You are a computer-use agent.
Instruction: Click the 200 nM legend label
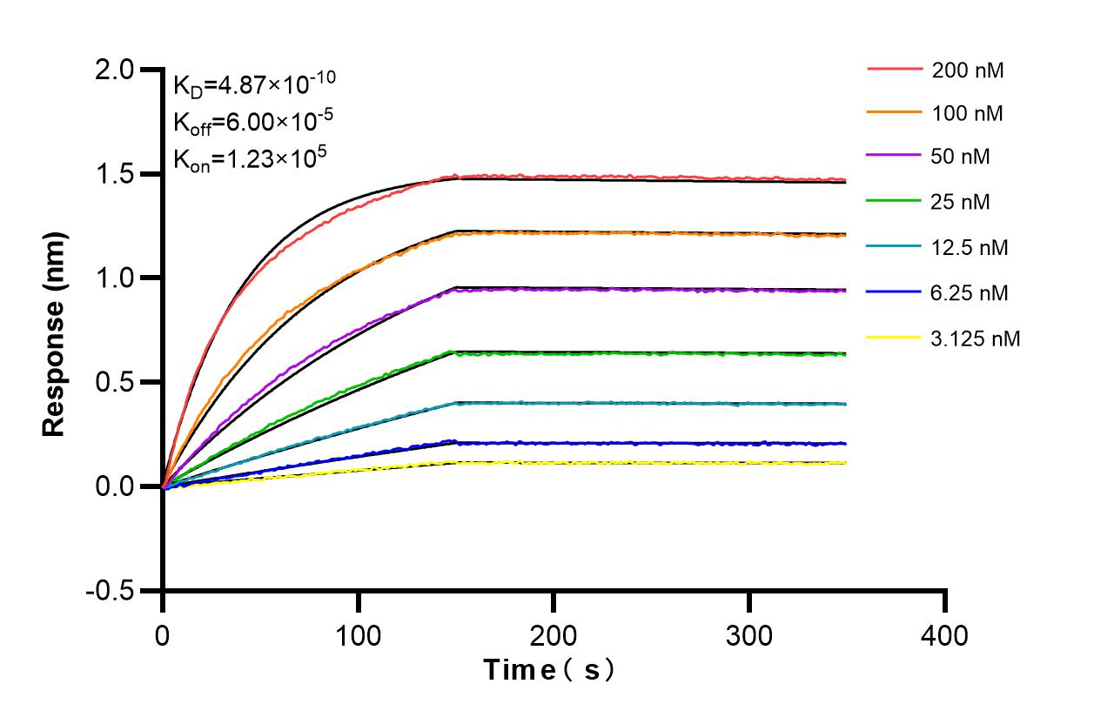(967, 70)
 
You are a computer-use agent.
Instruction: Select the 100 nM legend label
(967, 114)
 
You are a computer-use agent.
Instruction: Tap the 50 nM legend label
(961, 158)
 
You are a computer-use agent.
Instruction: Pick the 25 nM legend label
(961, 203)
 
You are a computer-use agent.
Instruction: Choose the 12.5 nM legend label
(970, 248)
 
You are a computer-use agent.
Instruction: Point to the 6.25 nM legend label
(970, 293)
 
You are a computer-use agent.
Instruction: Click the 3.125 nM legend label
(975, 339)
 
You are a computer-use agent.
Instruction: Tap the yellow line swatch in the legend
(895, 337)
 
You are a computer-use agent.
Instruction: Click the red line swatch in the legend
(895, 69)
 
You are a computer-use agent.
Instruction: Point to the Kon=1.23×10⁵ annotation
(249, 158)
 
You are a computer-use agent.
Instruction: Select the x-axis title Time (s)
(550, 670)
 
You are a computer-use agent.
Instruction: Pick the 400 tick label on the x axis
(943, 636)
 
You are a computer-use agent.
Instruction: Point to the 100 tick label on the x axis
(358, 636)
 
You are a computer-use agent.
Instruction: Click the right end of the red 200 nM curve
(844, 180)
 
